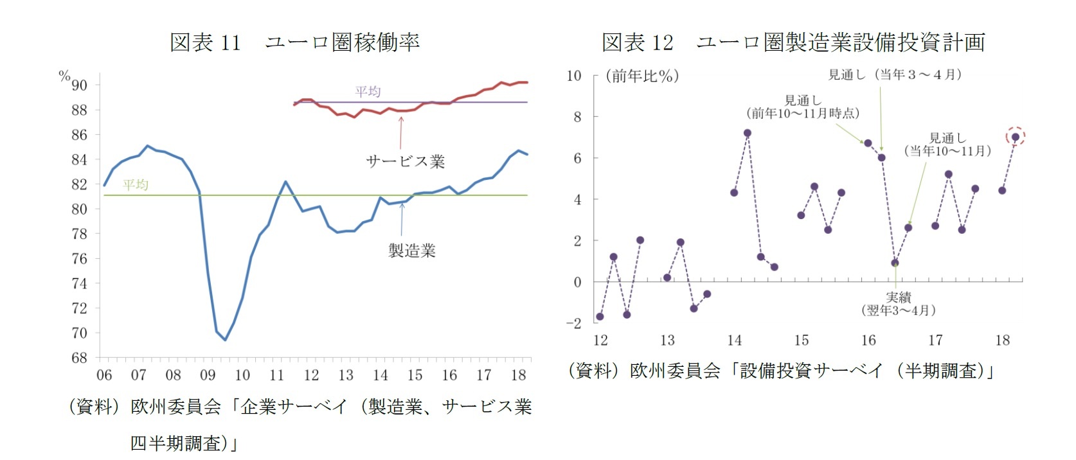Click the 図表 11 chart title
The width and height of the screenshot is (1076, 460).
(x=294, y=42)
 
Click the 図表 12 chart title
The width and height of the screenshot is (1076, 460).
(x=793, y=42)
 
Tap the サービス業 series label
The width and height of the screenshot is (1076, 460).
(x=405, y=161)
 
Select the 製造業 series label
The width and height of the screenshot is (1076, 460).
(x=411, y=251)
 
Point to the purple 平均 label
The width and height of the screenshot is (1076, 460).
(x=368, y=91)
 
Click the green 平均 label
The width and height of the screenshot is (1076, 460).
(x=136, y=184)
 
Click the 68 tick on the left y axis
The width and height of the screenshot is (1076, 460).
(x=79, y=358)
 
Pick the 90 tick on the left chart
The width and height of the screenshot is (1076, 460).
(x=79, y=85)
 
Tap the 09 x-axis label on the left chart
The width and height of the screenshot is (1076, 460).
(x=208, y=375)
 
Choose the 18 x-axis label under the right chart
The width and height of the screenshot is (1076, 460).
(x=1002, y=341)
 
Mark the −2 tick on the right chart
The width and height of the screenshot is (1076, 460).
(x=573, y=323)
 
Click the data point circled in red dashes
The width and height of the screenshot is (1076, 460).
(x=1016, y=136)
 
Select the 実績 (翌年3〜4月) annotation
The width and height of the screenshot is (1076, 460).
(x=898, y=304)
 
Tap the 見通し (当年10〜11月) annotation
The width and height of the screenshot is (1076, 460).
(x=947, y=145)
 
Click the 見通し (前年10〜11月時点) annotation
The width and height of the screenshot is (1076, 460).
(x=803, y=107)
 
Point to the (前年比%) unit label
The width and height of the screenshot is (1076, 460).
(x=642, y=76)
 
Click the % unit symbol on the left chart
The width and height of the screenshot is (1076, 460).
(x=64, y=76)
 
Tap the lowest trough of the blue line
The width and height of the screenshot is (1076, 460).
(x=225, y=340)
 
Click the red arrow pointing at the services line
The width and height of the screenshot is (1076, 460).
(x=401, y=132)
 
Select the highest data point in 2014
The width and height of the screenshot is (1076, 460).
(x=747, y=133)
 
